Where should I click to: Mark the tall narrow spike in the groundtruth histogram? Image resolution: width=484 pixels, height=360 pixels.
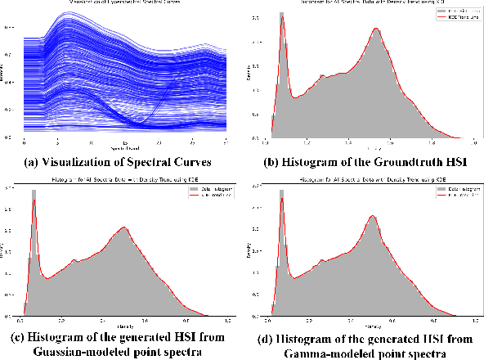[282, 20]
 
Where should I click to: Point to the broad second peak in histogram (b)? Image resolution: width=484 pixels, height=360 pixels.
[376, 33]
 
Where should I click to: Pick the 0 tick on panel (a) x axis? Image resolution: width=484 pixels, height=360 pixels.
[25, 142]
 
